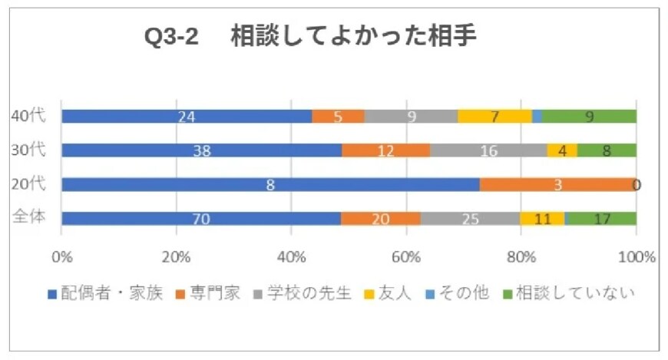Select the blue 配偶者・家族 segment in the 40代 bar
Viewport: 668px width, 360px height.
(x=187, y=116)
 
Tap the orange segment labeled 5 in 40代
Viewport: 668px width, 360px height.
(x=338, y=116)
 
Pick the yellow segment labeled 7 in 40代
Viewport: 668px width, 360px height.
(x=494, y=116)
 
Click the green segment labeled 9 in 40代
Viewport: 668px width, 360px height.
(x=589, y=116)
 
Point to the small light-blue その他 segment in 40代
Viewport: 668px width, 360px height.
(x=537, y=116)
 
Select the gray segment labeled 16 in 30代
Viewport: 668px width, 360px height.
(x=488, y=150)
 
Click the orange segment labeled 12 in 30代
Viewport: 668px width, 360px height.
(x=385, y=150)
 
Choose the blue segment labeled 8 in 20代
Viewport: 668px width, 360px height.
(x=270, y=184)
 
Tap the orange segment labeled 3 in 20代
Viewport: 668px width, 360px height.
(x=557, y=184)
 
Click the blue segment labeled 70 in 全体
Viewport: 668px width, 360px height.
(x=201, y=219)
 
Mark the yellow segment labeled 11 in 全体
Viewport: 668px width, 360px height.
(x=542, y=219)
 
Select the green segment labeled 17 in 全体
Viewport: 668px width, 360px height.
(x=600, y=219)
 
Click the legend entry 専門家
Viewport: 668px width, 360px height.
(x=207, y=294)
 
